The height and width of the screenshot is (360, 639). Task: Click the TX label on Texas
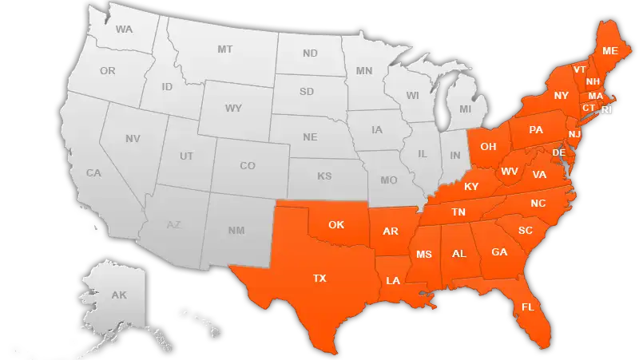319,279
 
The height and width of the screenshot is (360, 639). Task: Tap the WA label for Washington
124,30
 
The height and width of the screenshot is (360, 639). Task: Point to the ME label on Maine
610,51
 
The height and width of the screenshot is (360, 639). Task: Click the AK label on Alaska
119,295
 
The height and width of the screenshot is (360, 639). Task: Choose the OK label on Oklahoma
336,224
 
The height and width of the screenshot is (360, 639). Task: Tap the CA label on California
93,173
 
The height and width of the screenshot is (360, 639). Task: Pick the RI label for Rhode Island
607,110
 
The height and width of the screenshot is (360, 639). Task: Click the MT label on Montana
225,49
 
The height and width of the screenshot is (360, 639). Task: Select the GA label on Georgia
499,252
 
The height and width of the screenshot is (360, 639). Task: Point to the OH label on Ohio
488,147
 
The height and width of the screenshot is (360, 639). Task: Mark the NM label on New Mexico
236,231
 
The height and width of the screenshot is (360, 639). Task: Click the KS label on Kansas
324,176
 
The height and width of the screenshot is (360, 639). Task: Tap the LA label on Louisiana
393,281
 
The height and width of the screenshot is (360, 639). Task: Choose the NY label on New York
562,96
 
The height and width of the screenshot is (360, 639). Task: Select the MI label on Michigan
466,109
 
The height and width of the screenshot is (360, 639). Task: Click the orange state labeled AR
391,232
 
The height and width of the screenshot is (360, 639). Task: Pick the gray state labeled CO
248,166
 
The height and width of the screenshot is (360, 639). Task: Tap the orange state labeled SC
526,231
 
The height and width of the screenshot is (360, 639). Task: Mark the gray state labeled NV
133,139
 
